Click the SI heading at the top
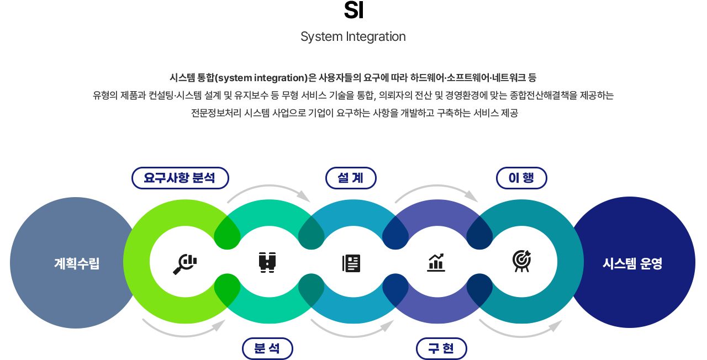point(353,10)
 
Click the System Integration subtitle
point(353,37)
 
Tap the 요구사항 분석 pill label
point(180,178)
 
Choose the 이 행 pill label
point(521,178)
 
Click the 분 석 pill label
point(267,349)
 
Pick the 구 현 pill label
point(441,349)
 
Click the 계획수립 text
point(77,263)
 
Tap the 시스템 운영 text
point(632,263)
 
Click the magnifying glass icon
point(185,264)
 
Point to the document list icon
point(351,263)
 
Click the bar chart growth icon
point(436,263)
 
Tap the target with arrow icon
point(521,261)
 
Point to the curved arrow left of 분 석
point(184,327)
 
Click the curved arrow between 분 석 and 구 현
point(353,327)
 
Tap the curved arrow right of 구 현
point(521,327)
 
